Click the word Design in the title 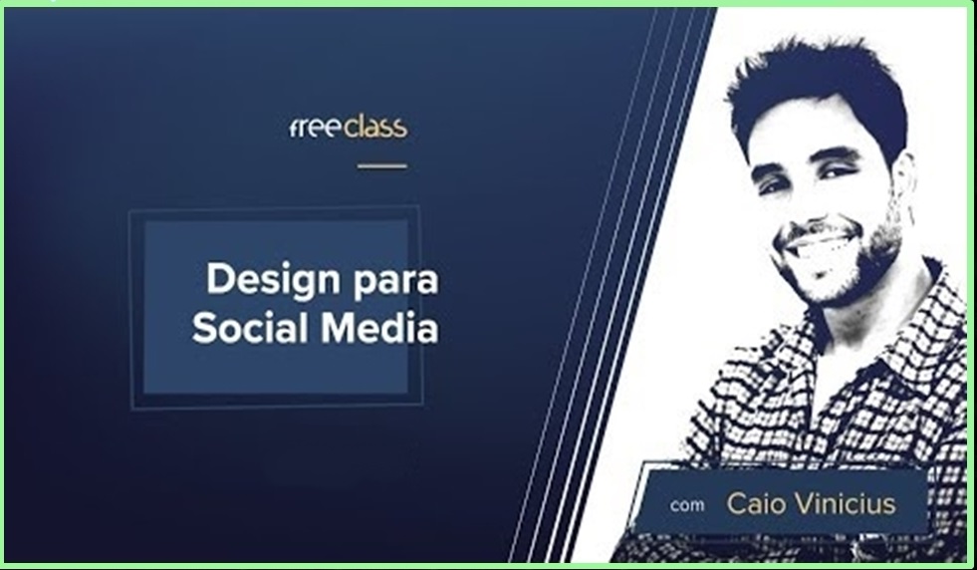[x=274, y=280]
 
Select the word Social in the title [x=251, y=328]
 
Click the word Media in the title [x=379, y=328]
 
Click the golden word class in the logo [x=375, y=127]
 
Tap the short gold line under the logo [x=382, y=165]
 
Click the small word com [x=687, y=505]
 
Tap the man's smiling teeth [x=818, y=245]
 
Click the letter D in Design [x=220, y=278]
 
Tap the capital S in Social [x=204, y=328]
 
